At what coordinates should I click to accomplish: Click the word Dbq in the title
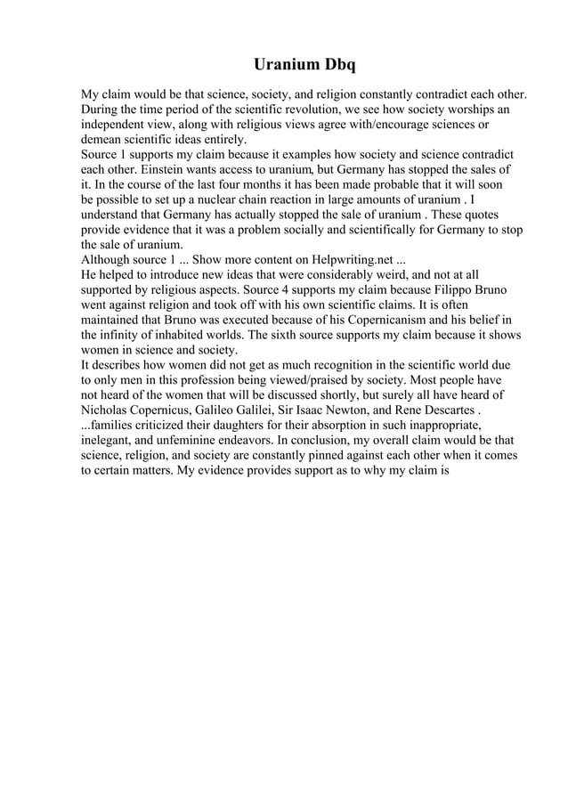point(337,65)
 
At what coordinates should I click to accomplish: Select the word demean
point(102,140)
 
